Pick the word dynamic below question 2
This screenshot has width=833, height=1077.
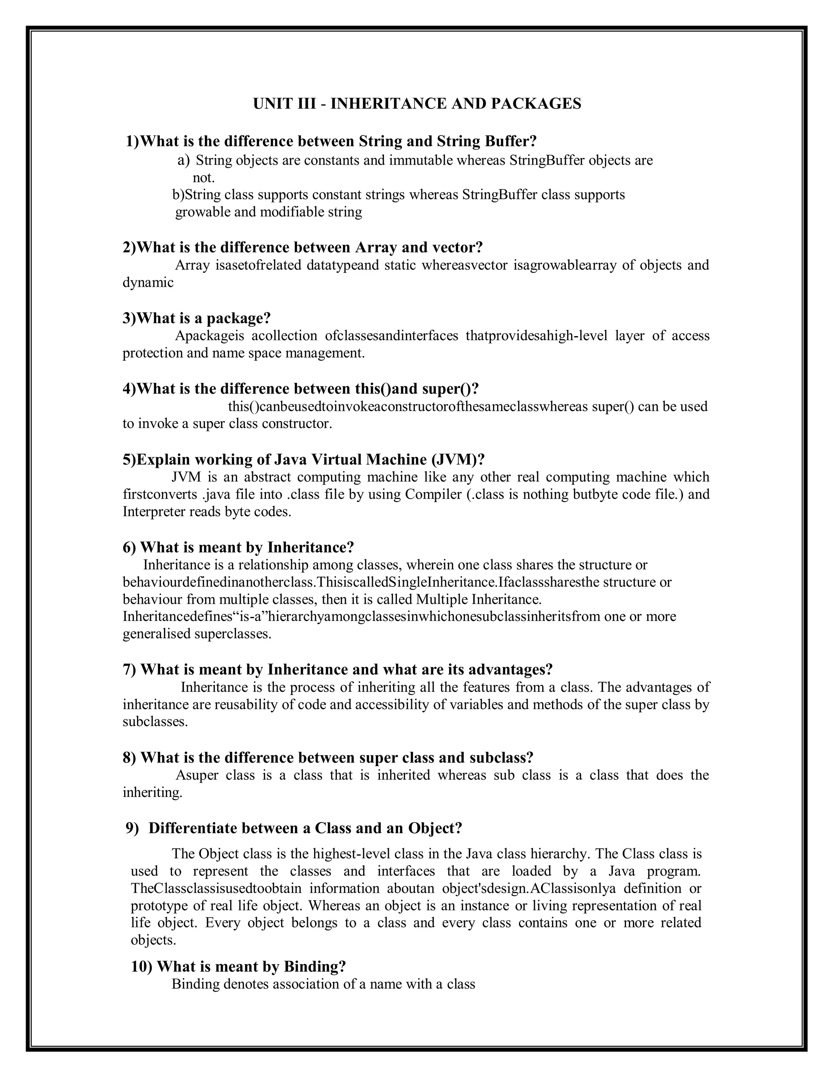point(148,282)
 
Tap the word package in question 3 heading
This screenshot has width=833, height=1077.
point(238,318)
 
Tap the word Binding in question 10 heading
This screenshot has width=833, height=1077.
point(314,966)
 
